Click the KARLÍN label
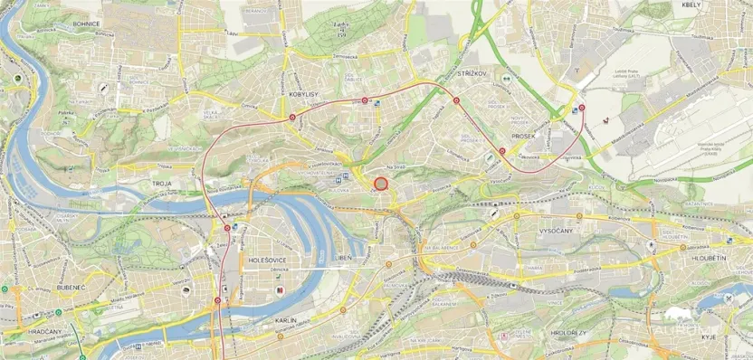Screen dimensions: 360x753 285,320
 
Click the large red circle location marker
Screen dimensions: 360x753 381,184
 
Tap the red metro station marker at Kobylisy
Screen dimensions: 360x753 293,116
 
